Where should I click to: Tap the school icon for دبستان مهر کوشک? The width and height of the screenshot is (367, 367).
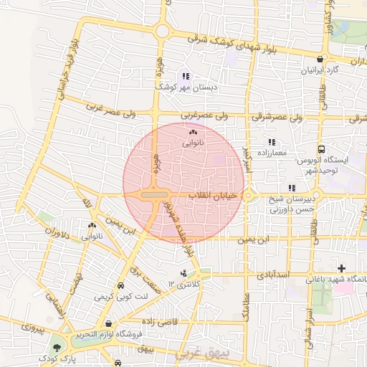[x=186, y=76]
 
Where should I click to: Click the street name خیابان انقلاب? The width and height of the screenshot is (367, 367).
[x=212, y=195]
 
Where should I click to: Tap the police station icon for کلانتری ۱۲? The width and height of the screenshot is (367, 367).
[x=184, y=273]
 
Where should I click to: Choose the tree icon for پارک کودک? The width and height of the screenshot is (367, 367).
[x=55, y=349]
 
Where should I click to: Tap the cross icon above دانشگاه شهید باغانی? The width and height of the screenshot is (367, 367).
[x=341, y=268]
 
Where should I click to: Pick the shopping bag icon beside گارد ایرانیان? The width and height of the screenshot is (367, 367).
[x=321, y=59]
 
